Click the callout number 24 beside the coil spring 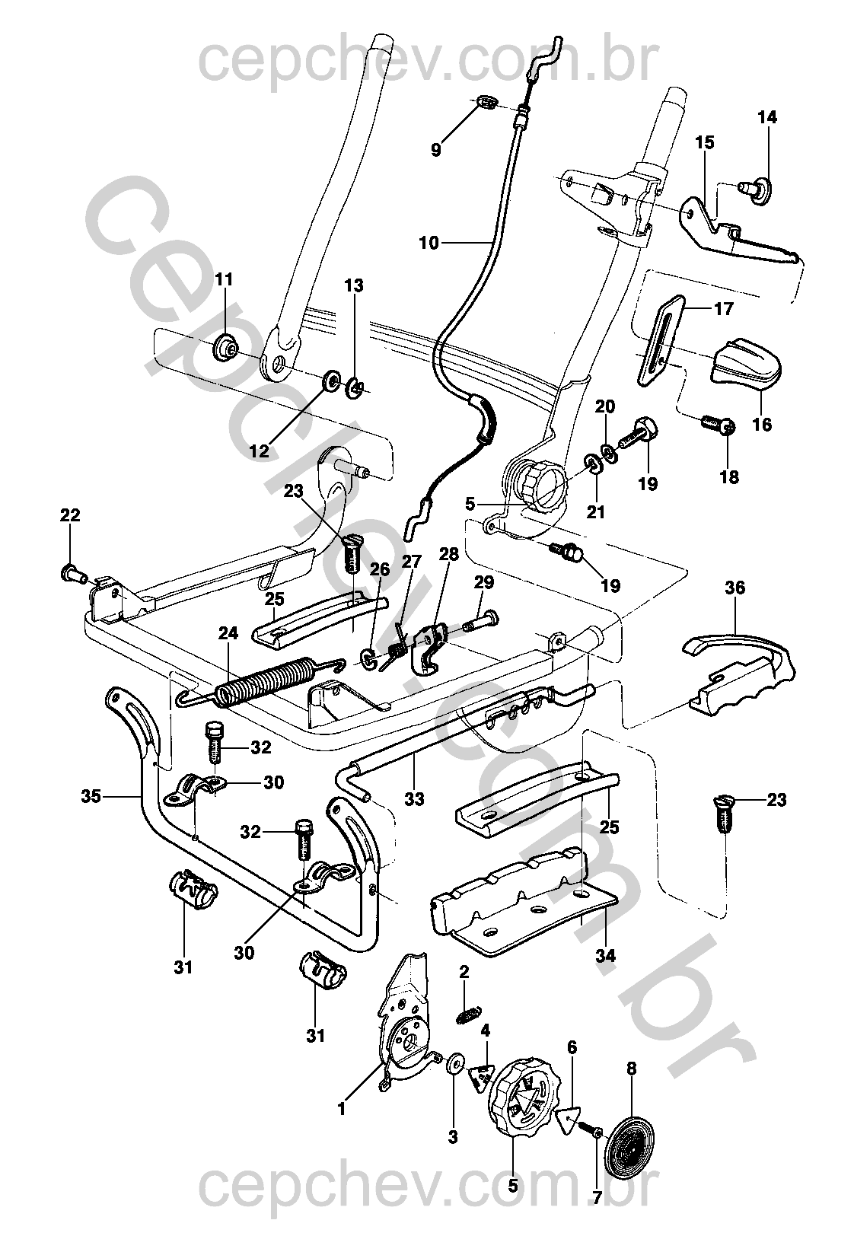coord(228,633)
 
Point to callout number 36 coord(735,588)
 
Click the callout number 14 coord(767,117)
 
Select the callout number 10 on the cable coord(429,243)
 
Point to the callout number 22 coord(69,515)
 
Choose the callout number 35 coord(91,797)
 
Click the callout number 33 coord(415,799)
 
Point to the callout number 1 coord(341,1110)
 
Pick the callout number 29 coord(484,583)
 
